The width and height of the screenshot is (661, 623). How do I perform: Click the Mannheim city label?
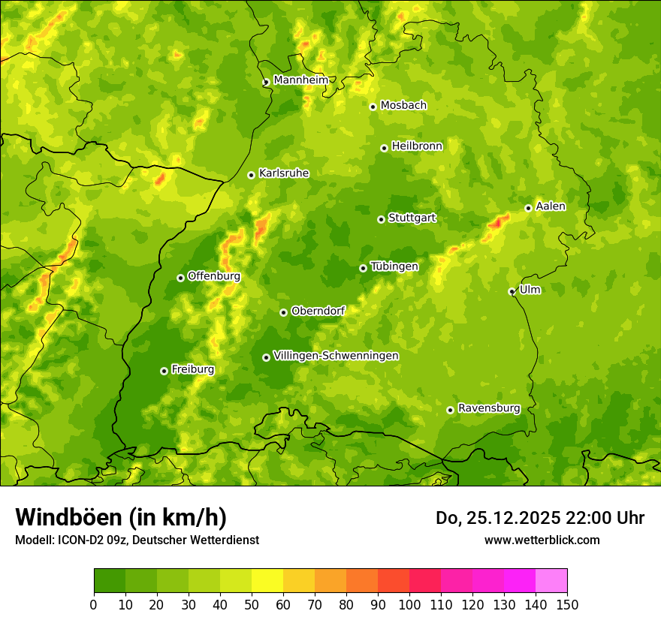pyautogui.click(x=300, y=80)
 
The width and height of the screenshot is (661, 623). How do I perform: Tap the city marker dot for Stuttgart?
pyautogui.click(x=381, y=219)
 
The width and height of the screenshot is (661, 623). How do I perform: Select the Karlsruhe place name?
pyautogui.click(x=283, y=173)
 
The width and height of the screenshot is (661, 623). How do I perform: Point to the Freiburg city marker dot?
pyautogui.click(x=164, y=371)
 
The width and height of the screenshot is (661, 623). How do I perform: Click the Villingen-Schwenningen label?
pyautogui.click(x=336, y=355)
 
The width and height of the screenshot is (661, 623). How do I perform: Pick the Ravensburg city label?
pyautogui.click(x=488, y=408)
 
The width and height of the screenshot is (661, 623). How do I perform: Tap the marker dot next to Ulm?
pyautogui.click(x=512, y=291)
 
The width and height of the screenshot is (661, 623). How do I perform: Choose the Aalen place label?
pyautogui.click(x=551, y=206)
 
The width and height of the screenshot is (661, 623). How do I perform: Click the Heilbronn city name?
pyautogui.click(x=417, y=146)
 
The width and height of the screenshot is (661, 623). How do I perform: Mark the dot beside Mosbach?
pyautogui.click(x=373, y=107)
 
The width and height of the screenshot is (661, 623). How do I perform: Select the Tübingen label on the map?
pyautogui.click(x=394, y=266)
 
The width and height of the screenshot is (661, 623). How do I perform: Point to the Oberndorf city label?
pyautogui.click(x=318, y=311)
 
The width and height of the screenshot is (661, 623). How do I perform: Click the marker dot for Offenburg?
pyautogui.click(x=180, y=278)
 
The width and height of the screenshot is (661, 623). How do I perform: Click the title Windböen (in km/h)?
pyautogui.click(x=120, y=517)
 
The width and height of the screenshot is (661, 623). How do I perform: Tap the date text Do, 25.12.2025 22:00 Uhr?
pyautogui.click(x=539, y=518)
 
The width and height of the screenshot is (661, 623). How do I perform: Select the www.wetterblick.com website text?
pyautogui.click(x=542, y=540)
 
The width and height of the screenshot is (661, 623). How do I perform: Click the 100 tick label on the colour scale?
pyautogui.click(x=409, y=605)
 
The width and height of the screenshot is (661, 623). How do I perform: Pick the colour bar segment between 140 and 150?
pyautogui.click(x=551, y=581)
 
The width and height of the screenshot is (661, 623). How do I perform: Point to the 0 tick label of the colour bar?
pyautogui.click(x=94, y=605)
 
